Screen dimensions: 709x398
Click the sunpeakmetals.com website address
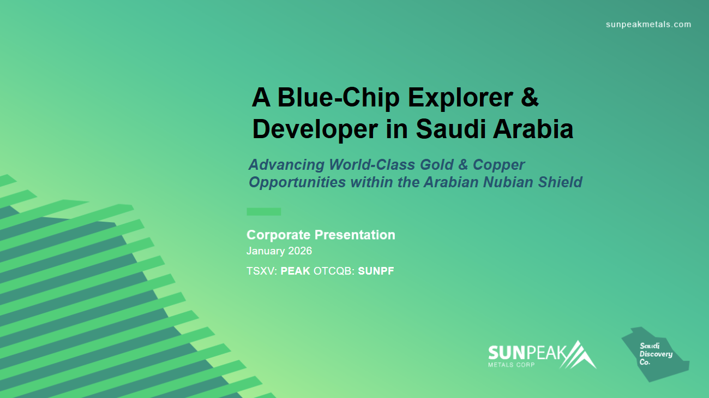pyautogui.click(x=648, y=25)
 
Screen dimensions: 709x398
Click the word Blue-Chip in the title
pyautogui.click(x=338, y=98)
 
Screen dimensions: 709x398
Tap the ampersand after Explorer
pyautogui.click(x=529, y=97)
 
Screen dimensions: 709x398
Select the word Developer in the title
pyautogui.click(x=315, y=129)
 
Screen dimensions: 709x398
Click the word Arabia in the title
pyautogui.click(x=533, y=129)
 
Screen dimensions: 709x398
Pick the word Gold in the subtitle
pyautogui.click(x=436, y=164)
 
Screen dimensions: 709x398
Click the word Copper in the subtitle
pyautogui.click(x=498, y=165)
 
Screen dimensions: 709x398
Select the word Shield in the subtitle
pyautogui.click(x=560, y=182)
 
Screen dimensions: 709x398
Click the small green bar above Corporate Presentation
pyautogui.click(x=263, y=212)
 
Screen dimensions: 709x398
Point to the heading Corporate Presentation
pyautogui.click(x=321, y=235)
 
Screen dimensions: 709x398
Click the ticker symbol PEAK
pyautogui.click(x=295, y=271)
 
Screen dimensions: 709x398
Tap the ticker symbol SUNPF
pyautogui.click(x=376, y=271)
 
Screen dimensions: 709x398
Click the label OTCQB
pyautogui.click(x=334, y=271)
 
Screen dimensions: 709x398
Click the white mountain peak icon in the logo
pyautogui.click(x=578, y=355)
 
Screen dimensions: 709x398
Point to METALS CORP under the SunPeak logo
pyautogui.click(x=511, y=365)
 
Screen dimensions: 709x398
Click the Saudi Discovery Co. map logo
pyautogui.click(x=655, y=354)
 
